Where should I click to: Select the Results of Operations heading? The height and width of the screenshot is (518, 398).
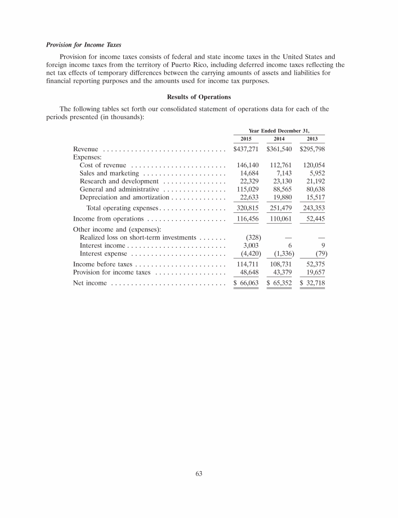[199, 97]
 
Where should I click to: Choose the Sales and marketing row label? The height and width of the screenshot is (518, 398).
[109, 173]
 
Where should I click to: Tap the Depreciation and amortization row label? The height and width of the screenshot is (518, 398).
[124, 198]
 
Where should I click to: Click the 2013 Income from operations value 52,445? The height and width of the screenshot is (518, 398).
[314, 219]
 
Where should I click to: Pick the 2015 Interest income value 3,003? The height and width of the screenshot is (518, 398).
[251, 246]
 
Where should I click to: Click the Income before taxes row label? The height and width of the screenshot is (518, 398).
[103, 264]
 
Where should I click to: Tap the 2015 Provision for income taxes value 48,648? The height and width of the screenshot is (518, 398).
[249, 272]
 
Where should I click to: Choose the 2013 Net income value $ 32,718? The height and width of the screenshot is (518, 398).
[312, 283]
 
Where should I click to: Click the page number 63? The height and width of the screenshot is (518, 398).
[199, 472]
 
